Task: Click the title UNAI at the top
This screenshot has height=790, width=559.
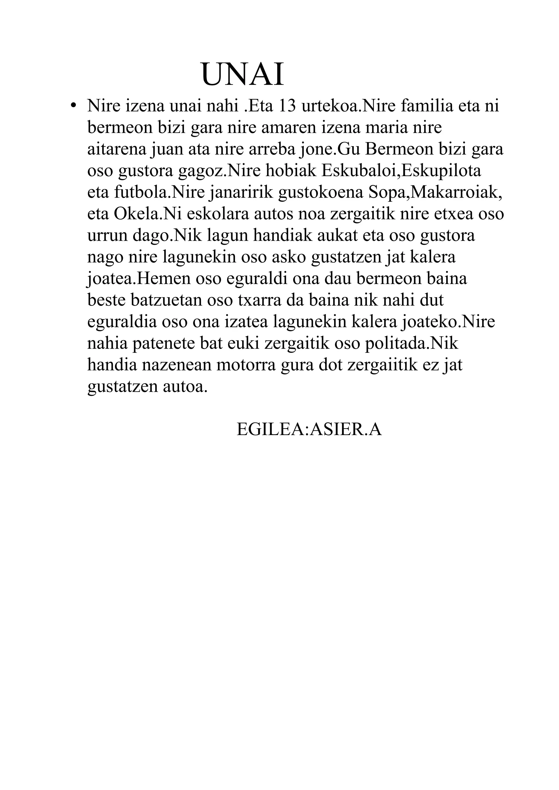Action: click(242, 74)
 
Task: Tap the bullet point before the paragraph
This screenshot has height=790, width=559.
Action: click(73, 105)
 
